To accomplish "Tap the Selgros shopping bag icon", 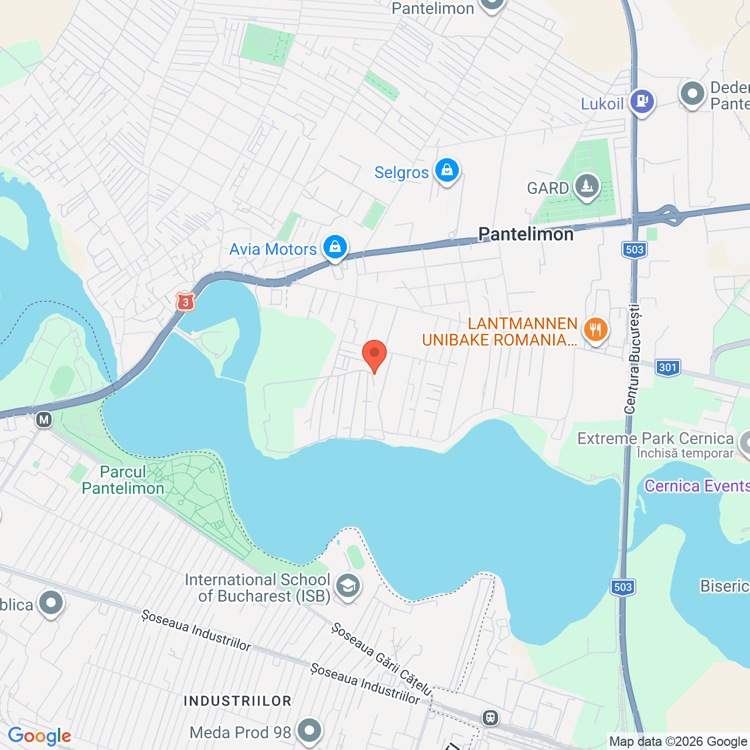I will click(x=447, y=171).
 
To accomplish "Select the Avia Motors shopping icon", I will click(x=335, y=247).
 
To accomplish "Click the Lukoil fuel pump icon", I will click(x=642, y=101).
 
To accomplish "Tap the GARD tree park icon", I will click(x=587, y=187).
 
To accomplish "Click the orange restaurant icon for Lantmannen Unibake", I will click(x=595, y=330).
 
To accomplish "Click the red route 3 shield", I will click(x=185, y=302).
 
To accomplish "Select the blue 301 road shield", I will click(x=668, y=367).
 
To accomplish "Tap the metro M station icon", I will click(x=44, y=420).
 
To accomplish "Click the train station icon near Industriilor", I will click(x=490, y=717).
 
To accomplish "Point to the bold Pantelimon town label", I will click(x=526, y=234).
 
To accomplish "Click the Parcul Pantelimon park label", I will click(x=123, y=480).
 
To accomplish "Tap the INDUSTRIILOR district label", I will click(x=237, y=701).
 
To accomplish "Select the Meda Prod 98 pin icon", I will click(x=309, y=731).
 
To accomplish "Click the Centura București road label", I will click(x=633, y=359).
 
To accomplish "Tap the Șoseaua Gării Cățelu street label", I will click(x=381, y=659).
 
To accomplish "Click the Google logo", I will click(x=39, y=736).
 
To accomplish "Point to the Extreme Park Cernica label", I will click(x=655, y=439).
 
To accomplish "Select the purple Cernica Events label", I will click(x=697, y=486).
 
